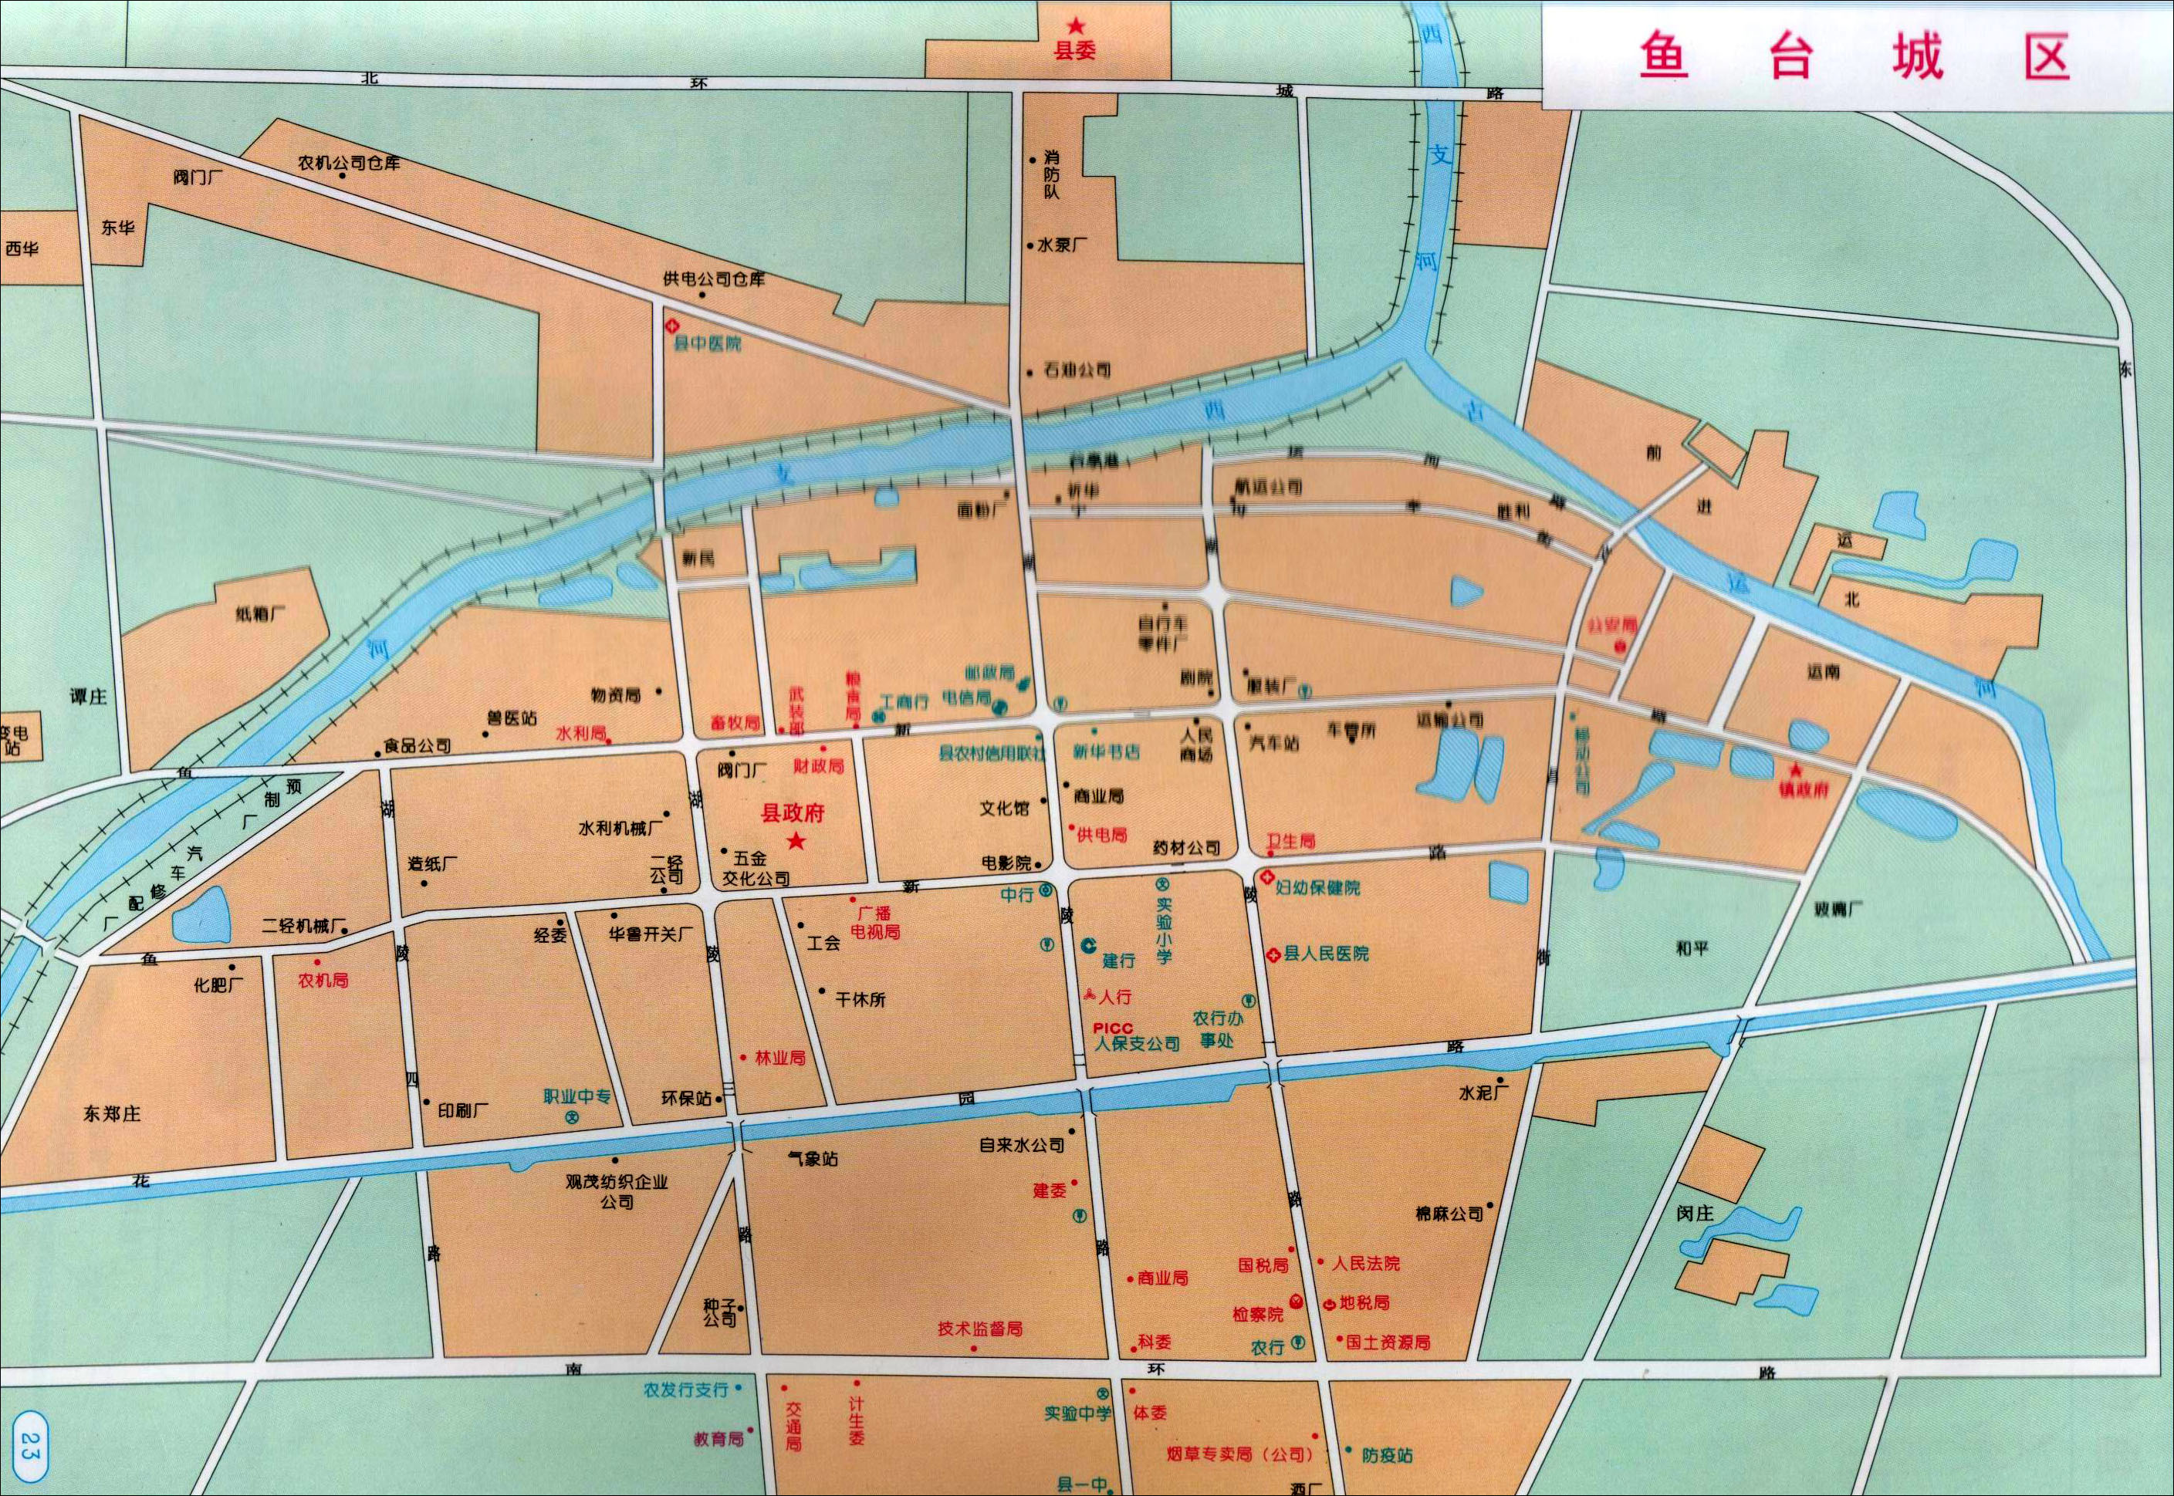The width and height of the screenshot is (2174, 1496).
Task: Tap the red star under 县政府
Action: click(x=796, y=841)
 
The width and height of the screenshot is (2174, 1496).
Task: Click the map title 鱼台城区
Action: click(x=1854, y=58)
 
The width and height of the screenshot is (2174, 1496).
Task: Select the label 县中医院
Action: click(x=708, y=344)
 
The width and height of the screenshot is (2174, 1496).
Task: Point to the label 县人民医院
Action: click(x=1326, y=954)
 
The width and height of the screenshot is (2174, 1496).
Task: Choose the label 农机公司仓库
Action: click(x=349, y=162)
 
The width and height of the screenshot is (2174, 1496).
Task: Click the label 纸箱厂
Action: click(x=262, y=615)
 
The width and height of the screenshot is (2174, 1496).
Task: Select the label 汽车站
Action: click(x=1274, y=742)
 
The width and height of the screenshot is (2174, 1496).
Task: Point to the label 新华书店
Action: click(x=1105, y=751)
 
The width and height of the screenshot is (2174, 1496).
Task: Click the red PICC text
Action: click(x=1113, y=1028)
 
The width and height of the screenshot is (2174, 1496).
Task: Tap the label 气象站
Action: click(x=813, y=1159)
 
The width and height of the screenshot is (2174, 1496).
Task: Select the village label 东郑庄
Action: click(x=112, y=1113)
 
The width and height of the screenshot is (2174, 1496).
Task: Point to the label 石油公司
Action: click(x=1077, y=370)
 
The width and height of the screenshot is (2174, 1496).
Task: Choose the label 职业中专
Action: click(x=576, y=1096)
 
